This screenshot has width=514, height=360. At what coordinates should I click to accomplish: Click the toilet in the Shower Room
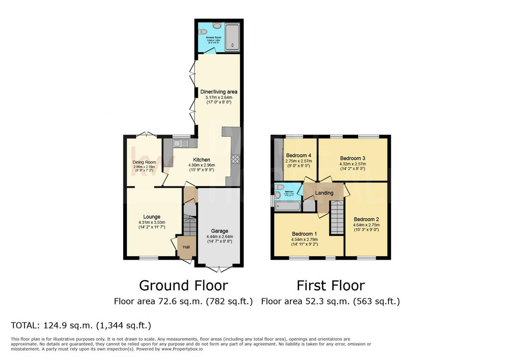point(203,31)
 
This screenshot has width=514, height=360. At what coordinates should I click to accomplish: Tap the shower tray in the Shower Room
point(232,37)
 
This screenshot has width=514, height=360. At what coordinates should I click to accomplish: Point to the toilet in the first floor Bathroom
point(279,187)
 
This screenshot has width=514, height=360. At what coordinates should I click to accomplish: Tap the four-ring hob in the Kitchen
point(236,159)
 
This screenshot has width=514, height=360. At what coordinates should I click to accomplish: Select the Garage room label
point(219,231)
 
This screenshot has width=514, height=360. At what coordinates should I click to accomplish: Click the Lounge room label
point(152,217)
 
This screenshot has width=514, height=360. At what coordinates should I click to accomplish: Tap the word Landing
point(324,193)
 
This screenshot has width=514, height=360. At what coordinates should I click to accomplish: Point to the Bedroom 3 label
point(353,158)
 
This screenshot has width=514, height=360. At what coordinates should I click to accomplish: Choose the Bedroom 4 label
point(299,155)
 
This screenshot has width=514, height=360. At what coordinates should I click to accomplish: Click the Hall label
point(186,247)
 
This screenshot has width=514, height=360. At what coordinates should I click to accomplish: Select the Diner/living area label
point(218,92)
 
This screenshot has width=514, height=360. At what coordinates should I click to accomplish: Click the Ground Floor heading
point(183,285)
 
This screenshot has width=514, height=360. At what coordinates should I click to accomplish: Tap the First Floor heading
point(331,285)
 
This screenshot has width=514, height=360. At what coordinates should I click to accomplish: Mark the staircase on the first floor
point(337,219)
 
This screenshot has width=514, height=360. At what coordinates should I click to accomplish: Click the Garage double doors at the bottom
point(218,269)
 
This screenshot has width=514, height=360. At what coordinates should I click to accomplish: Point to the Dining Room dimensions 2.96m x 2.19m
point(144,167)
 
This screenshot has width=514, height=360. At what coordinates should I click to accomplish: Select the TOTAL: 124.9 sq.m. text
point(81,325)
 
